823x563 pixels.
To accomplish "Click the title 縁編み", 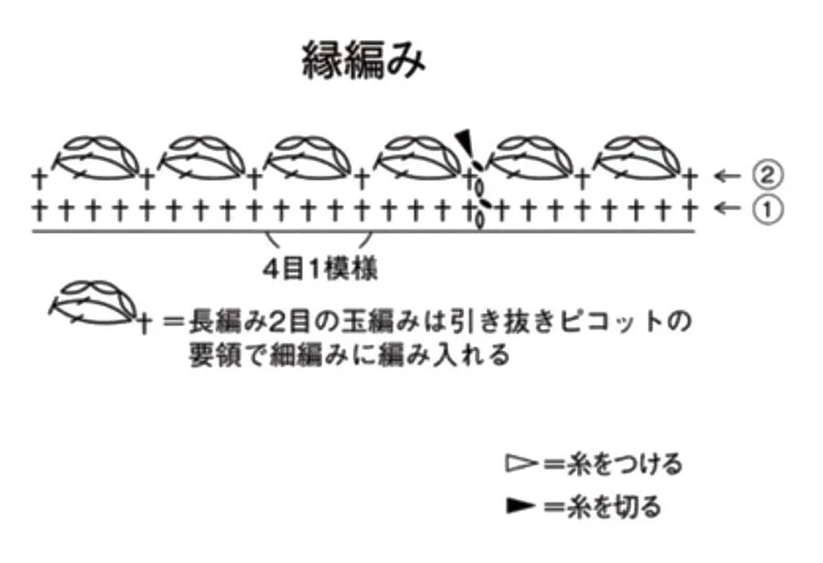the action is click(363, 60).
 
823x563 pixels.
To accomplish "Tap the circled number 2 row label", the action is click(767, 175).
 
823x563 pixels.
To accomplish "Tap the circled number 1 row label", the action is click(767, 209).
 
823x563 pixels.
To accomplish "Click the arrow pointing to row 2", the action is click(728, 175).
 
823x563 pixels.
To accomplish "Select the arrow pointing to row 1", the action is click(728, 208).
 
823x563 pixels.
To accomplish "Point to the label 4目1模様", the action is click(320, 270).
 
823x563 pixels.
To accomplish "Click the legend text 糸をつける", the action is click(625, 463).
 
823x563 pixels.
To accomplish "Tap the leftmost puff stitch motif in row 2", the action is click(98, 158).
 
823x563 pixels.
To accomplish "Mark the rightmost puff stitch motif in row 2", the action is click(638, 158).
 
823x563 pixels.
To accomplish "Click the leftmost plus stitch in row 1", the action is click(39, 209).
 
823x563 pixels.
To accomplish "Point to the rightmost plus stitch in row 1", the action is click(690, 209).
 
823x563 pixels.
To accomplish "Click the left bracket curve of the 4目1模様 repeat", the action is click(273, 239).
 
